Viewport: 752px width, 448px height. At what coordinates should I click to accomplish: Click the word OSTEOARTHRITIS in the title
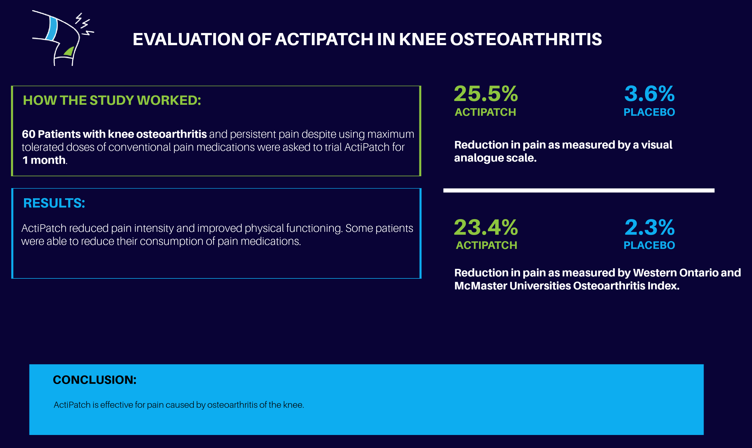[x=526, y=39]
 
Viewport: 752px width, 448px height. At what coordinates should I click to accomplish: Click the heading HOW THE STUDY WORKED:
[x=112, y=100]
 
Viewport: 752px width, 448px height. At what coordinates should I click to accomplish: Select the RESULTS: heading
[x=54, y=203]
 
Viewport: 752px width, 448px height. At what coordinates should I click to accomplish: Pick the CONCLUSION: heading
[x=94, y=380]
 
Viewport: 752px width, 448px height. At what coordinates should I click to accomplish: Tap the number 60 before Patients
[x=29, y=134]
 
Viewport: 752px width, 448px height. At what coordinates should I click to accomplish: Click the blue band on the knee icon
[x=52, y=29]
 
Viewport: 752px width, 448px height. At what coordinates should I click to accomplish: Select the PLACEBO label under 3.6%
[x=649, y=112]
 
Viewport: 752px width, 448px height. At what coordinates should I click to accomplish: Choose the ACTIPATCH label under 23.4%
[x=486, y=245]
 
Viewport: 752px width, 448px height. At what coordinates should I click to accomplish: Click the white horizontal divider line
[x=578, y=190]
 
